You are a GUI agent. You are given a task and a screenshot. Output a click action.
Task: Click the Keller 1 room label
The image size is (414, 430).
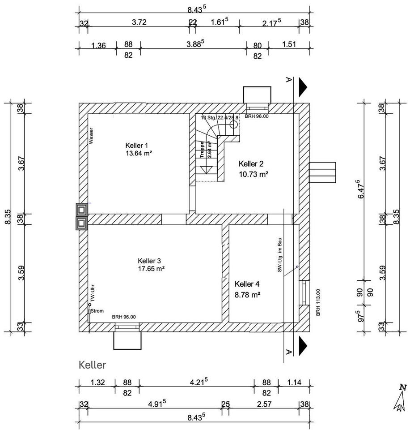136,145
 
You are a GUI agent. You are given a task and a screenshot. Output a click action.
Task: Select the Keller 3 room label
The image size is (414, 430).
149,261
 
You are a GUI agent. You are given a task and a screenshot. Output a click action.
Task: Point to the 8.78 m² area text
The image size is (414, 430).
248,295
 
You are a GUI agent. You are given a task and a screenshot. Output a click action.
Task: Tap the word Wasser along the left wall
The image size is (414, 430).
91,136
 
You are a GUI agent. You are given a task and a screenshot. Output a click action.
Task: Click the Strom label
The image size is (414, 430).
97,311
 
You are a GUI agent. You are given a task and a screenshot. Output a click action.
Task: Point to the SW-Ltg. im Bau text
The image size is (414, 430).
279,255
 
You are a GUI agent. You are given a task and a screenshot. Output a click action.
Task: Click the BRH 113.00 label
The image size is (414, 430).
318,302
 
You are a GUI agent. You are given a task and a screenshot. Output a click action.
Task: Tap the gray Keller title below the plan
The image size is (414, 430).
93,365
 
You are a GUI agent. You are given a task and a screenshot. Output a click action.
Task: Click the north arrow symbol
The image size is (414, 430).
401,398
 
